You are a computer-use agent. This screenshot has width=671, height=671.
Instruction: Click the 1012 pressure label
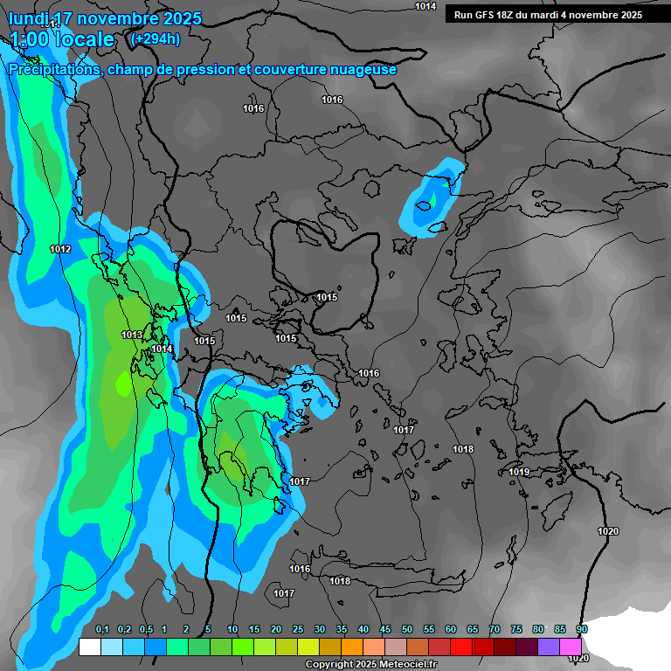click(x=60, y=250)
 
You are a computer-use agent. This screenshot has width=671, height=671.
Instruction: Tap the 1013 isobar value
click(x=132, y=335)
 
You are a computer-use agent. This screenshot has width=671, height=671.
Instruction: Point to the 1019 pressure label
click(x=519, y=472)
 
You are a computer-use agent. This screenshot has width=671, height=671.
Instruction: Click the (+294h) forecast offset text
click(x=155, y=38)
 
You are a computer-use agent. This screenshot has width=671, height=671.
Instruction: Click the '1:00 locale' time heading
click(x=63, y=39)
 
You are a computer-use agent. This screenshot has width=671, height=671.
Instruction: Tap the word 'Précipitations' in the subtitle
click(x=53, y=69)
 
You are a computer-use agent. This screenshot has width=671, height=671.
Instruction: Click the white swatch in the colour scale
click(x=89, y=647)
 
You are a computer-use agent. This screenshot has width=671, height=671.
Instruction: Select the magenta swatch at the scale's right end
click(x=571, y=647)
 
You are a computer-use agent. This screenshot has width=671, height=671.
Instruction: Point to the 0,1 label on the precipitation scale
click(x=101, y=630)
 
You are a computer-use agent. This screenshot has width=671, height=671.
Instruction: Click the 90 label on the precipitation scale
click(x=582, y=630)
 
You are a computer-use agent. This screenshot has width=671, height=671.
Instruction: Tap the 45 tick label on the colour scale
click(x=385, y=630)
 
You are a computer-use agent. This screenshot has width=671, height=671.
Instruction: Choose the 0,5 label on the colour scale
click(x=146, y=630)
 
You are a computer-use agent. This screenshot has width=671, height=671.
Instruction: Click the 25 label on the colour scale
click(x=298, y=630)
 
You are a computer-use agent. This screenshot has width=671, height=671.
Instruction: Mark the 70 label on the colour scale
click(x=495, y=630)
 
